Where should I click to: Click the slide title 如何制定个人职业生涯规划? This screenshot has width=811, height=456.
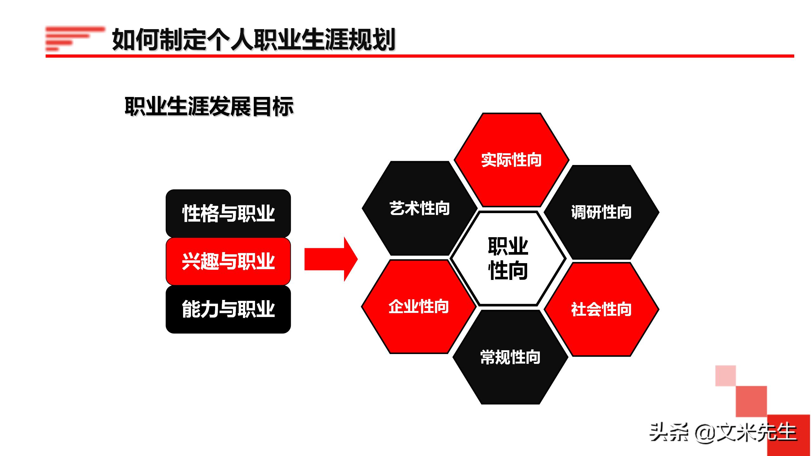point(253,39)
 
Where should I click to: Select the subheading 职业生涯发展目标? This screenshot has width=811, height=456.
point(209,106)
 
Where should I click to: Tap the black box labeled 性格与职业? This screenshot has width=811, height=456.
point(228,213)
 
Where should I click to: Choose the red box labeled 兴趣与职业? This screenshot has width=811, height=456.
point(228,261)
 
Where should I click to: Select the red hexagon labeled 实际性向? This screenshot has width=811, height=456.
point(511,160)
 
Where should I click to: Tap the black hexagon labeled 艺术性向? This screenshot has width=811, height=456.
point(419,208)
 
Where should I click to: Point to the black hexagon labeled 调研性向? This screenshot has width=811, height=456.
point(601,212)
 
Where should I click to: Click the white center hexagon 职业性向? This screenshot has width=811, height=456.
point(508,259)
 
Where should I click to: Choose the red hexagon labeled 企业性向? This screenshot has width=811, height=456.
point(418,307)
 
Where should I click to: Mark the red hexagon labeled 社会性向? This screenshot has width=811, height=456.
point(601,309)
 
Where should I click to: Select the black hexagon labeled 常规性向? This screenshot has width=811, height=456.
point(510,357)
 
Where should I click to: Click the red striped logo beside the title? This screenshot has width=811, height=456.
point(75,39)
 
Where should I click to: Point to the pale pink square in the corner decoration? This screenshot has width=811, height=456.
point(725,376)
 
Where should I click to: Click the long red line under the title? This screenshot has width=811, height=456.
point(419,56)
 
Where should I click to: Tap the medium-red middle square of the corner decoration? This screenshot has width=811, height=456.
point(751,401)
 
